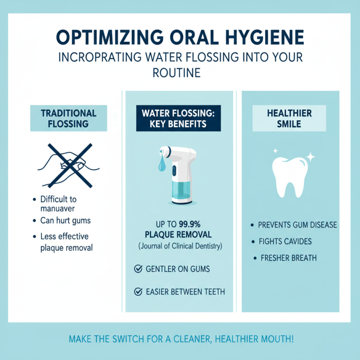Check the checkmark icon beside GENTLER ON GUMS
(x=139, y=269)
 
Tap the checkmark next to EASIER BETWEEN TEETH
(x=139, y=292)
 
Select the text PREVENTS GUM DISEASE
(x=297, y=225)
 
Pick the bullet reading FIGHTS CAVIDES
(x=292, y=242)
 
